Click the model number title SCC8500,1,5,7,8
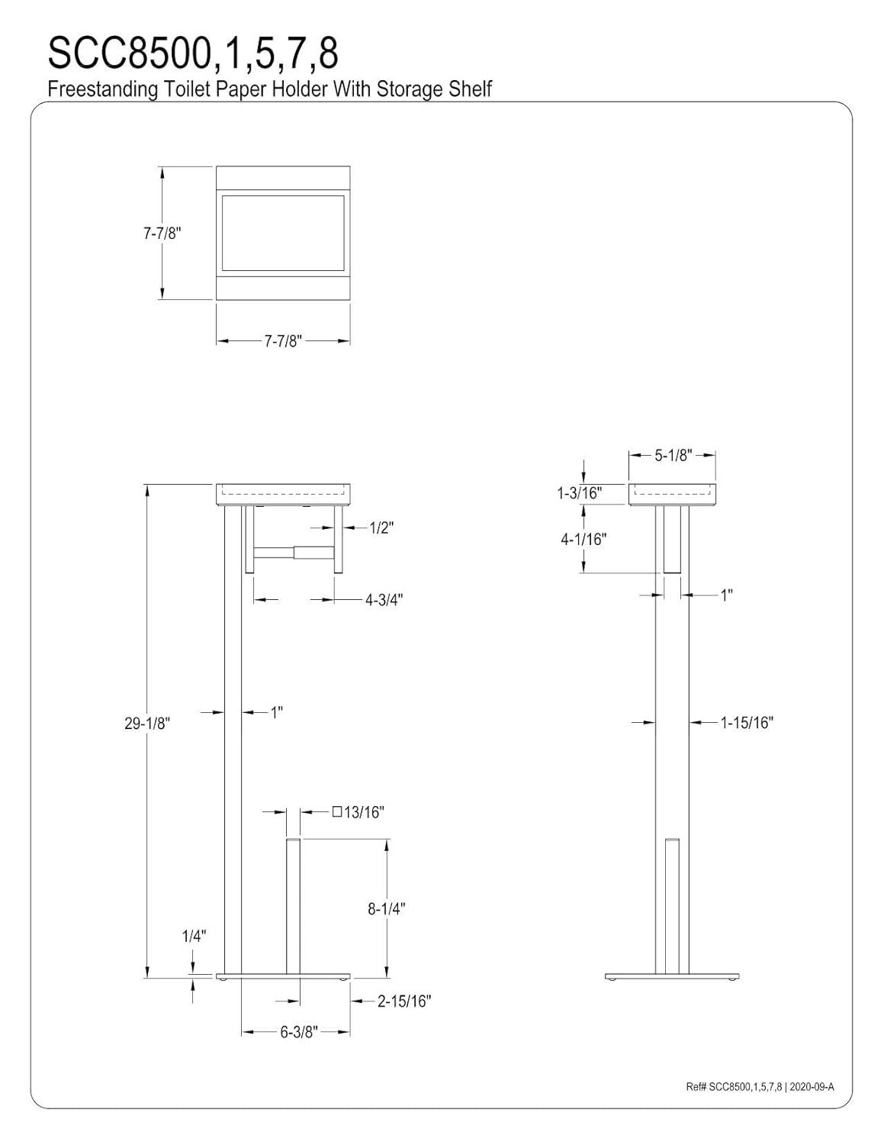coord(193,53)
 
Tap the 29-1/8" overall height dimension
coord(146,723)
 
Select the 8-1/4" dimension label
coord(386,908)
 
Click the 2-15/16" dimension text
coord(404,1001)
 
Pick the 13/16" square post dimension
coord(358,812)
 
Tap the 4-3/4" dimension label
coord(383,599)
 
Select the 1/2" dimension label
coord(381,527)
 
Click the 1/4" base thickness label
coord(194,937)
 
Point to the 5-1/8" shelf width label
coord(672,455)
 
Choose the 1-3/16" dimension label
coord(579,493)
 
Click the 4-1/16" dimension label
coord(583,540)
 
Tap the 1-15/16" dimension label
coord(747,722)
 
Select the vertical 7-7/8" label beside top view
coord(162,234)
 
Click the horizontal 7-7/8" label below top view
coord(284,341)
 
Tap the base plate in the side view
coord(672,976)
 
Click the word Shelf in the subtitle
coord(472,89)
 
